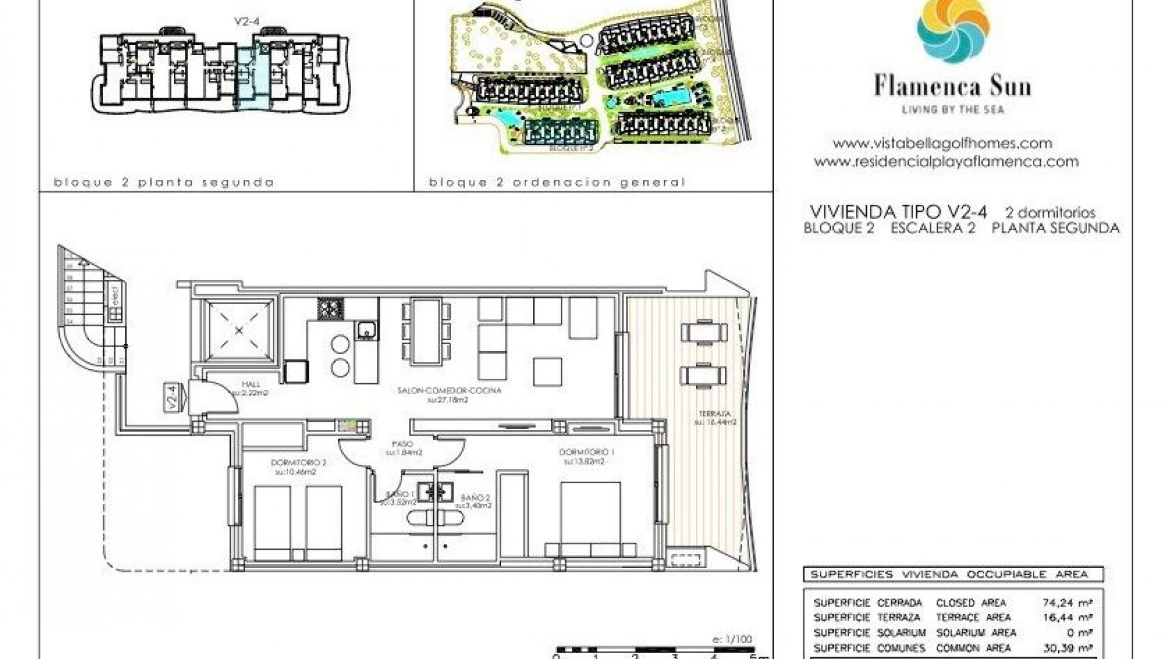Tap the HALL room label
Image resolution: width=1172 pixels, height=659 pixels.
251,384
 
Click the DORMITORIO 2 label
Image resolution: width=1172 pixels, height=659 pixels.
298,463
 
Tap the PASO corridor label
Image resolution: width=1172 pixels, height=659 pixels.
403,444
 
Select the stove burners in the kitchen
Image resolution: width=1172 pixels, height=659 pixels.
331,308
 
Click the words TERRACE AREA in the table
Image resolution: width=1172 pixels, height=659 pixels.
973,618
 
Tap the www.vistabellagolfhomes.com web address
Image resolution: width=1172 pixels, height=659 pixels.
942,143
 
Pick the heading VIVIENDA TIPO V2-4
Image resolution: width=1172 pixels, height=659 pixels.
898,212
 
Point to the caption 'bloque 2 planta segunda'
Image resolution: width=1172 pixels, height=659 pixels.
164,182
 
